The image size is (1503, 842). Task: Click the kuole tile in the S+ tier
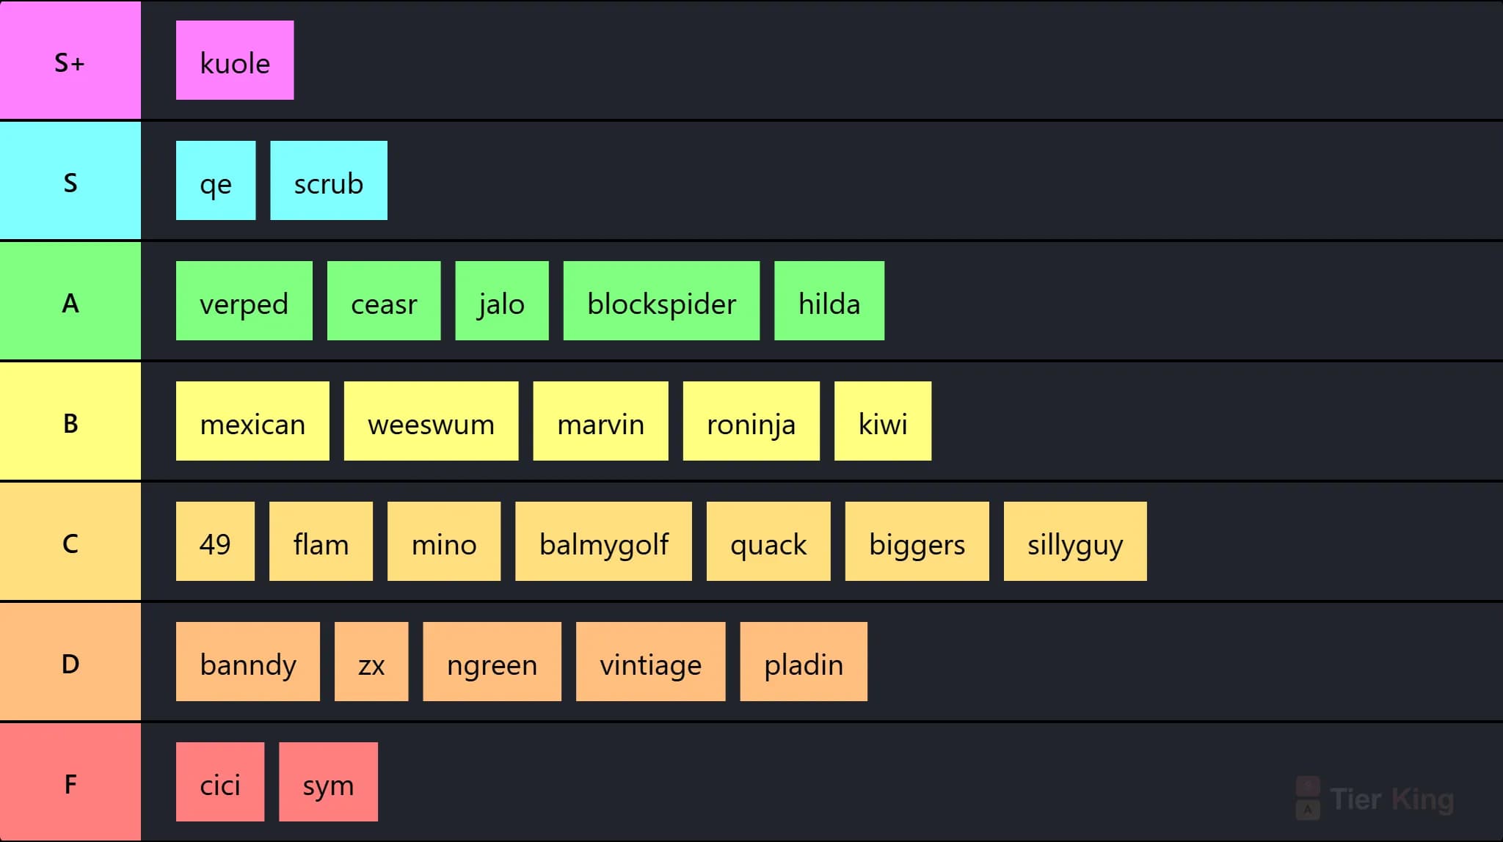coord(235,60)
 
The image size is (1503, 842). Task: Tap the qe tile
coord(216,180)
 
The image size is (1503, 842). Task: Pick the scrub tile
coord(329,180)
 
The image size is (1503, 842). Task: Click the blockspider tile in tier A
coord(661,301)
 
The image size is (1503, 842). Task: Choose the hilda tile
coord(829,301)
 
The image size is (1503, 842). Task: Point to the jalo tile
coord(502,301)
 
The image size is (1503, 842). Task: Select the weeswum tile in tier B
coord(431,421)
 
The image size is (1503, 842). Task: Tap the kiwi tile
coord(883,421)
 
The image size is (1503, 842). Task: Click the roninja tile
coord(751,421)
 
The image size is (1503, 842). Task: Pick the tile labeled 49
coord(215,541)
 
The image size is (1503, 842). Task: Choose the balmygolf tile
coord(603,541)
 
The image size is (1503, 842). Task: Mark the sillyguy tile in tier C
coord(1075,541)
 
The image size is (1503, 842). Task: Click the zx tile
coord(371,662)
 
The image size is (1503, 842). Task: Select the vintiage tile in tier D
coord(650,662)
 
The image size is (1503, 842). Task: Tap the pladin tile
coord(804,662)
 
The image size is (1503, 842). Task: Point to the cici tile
coord(220,782)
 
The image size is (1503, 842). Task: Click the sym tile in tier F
coord(328,782)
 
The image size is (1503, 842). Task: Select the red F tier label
coord(70,782)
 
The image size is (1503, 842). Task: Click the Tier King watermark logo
coord(1375,799)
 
